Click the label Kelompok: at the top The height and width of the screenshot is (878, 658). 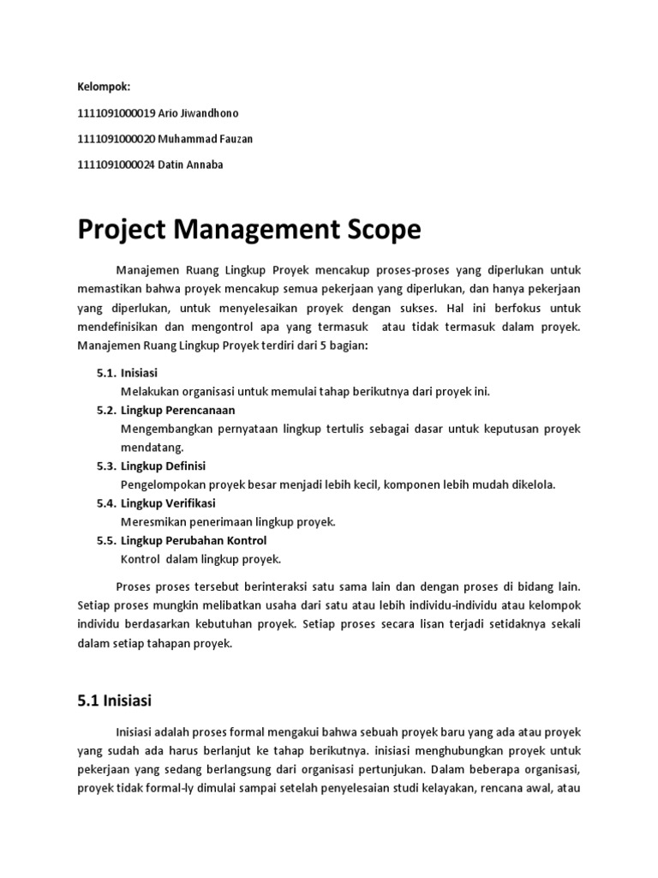tap(104, 87)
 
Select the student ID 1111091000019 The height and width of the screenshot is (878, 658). tap(117, 112)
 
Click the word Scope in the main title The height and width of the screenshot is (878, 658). tap(374, 229)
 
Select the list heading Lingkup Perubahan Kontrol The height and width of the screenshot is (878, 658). tap(194, 540)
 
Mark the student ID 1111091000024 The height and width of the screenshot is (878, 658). tap(117, 165)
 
